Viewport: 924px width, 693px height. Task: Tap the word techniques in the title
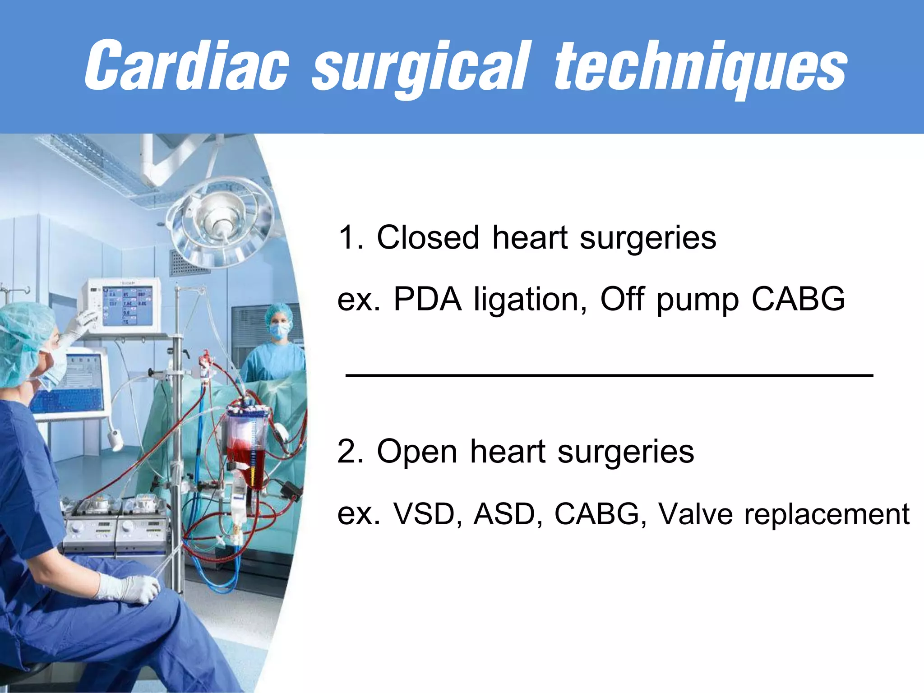700,68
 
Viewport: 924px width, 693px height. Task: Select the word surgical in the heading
420,68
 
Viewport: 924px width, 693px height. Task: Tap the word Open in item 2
417,452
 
